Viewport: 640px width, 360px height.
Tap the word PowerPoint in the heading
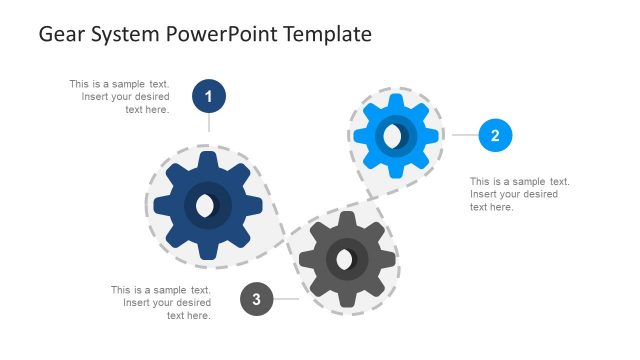point(225,34)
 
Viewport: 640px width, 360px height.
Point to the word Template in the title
point(327,34)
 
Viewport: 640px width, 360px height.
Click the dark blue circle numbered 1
point(208,97)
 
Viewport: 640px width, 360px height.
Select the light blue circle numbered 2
point(495,134)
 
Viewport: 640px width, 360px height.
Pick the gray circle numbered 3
point(257,299)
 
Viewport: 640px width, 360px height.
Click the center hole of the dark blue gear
point(206,206)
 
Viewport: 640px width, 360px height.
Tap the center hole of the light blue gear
point(394,135)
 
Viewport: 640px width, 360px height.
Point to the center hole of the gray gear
point(345,260)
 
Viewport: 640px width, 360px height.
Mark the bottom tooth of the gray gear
point(347,299)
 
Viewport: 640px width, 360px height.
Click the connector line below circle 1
point(208,123)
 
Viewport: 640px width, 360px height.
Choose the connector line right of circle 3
point(287,299)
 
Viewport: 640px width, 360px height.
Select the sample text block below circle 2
point(518,194)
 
